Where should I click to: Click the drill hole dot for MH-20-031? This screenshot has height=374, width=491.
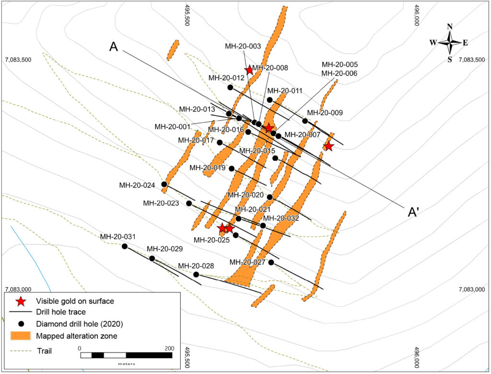[x=125, y=246]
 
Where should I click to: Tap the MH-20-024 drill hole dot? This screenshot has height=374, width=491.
[x=164, y=184]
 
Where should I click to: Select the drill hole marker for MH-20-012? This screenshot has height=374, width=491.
[x=230, y=87]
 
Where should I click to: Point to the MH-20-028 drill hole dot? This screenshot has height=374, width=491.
[x=196, y=274]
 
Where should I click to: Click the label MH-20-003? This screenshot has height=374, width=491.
[x=243, y=47]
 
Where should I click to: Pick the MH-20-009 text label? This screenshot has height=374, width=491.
[x=325, y=113]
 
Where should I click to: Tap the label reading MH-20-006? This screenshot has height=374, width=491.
[x=340, y=73]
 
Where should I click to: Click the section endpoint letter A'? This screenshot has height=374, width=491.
[x=413, y=212]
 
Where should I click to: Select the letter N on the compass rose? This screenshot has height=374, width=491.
[x=450, y=27]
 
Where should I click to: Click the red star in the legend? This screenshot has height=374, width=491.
[x=21, y=301]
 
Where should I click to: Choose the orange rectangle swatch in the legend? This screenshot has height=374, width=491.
[x=21, y=336]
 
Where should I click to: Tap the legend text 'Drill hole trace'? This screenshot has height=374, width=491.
[x=61, y=312]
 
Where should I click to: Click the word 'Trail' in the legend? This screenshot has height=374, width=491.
[x=44, y=351]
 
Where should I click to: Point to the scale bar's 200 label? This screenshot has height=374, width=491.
[x=169, y=348]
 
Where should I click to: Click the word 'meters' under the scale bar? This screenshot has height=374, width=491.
[x=127, y=364]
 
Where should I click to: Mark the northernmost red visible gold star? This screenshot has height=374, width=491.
[x=249, y=70]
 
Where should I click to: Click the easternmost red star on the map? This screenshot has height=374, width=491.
[x=328, y=146]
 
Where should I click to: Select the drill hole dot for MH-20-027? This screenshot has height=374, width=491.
[x=271, y=262]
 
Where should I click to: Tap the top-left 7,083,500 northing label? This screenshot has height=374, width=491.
[x=18, y=59]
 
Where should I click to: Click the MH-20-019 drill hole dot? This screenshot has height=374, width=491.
[x=232, y=168]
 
